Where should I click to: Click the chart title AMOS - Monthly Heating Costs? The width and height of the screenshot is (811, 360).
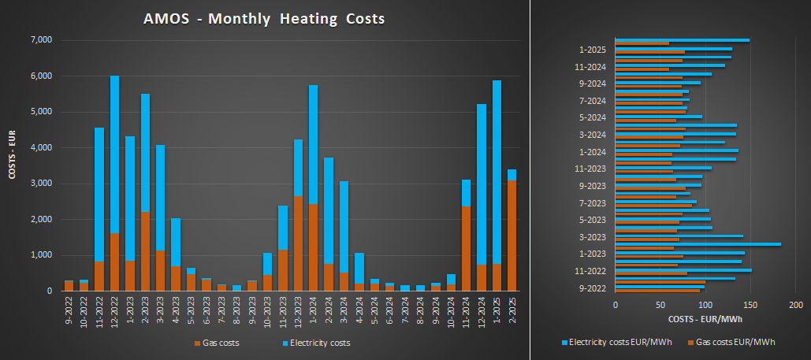(265, 18)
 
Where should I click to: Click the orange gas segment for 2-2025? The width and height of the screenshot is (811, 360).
(512, 236)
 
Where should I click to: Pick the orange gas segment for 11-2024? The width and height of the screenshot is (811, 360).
(466, 248)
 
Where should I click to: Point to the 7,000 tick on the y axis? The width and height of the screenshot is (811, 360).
(40, 40)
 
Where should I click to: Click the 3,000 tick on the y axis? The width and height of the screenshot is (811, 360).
(40, 184)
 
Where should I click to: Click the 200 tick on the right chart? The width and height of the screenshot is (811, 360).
(794, 304)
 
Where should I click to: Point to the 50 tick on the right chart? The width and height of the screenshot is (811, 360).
(660, 304)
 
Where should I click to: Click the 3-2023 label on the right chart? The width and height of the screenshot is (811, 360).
(592, 236)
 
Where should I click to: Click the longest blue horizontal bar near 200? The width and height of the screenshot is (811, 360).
(698, 244)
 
